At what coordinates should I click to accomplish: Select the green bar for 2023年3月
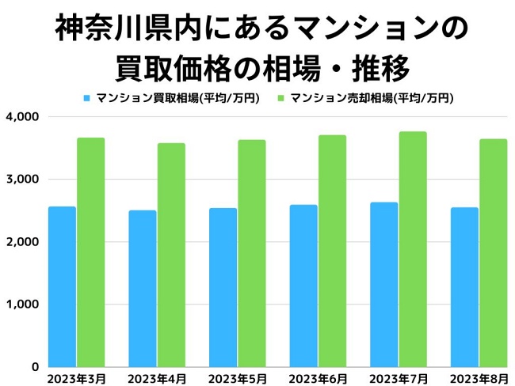[91, 252]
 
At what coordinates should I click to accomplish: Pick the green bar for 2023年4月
[171, 255]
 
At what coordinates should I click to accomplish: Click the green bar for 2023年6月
[332, 251]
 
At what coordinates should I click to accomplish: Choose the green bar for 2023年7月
[413, 249]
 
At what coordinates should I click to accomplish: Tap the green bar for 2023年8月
[493, 252]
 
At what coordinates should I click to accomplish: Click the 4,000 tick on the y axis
[23, 117]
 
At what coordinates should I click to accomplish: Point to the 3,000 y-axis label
[23, 180]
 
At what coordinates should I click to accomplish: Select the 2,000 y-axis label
[23, 242]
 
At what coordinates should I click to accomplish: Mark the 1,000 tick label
[23, 305]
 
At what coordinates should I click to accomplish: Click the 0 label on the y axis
[36, 367]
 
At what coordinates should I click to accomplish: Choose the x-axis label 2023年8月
[479, 378]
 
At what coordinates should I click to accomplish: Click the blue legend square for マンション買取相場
[86, 99]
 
